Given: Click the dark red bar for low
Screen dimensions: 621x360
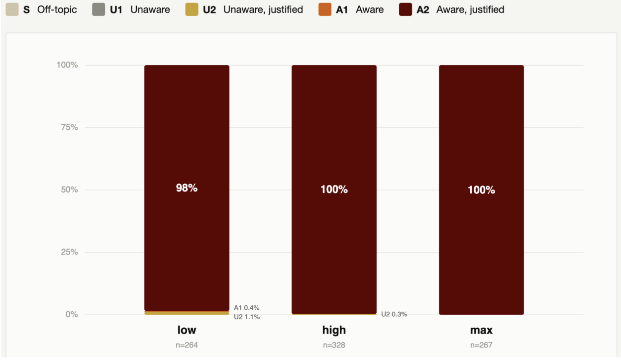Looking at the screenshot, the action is (x=187, y=188).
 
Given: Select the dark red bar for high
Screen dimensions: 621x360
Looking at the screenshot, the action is (x=334, y=189).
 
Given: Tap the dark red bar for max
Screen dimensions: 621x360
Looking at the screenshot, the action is (x=481, y=190).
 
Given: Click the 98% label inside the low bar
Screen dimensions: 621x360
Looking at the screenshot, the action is (x=187, y=188).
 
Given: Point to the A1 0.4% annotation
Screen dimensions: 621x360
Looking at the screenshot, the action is (x=246, y=308).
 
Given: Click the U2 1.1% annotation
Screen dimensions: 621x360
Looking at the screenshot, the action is (x=247, y=317).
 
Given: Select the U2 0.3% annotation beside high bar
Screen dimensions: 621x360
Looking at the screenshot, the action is (x=394, y=314).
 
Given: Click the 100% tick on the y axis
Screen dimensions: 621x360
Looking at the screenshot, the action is (x=67, y=65).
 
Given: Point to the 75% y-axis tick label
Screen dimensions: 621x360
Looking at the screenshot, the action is (x=69, y=127).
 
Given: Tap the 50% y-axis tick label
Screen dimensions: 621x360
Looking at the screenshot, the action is (x=69, y=189).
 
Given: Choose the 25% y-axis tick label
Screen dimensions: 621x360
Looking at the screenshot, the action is (x=69, y=252).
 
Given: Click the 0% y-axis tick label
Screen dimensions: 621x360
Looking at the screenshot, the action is (x=72, y=314).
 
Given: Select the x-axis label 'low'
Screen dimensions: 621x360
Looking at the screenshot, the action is (x=187, y=330).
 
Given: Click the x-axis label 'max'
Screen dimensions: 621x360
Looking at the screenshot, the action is (x=481, y=330).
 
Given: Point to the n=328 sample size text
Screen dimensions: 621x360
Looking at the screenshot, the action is (x=334, y=345).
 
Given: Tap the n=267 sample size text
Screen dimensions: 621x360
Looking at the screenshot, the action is (x=481, y=345).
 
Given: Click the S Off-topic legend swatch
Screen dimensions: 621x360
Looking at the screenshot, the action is (x=12, y=9).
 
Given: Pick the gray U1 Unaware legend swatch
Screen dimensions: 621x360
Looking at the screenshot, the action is (x=99, y=9).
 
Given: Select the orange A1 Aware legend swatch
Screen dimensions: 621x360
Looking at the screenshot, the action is (x=324, y=9).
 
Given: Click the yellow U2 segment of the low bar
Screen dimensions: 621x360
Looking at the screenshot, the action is (x=187, y=313).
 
